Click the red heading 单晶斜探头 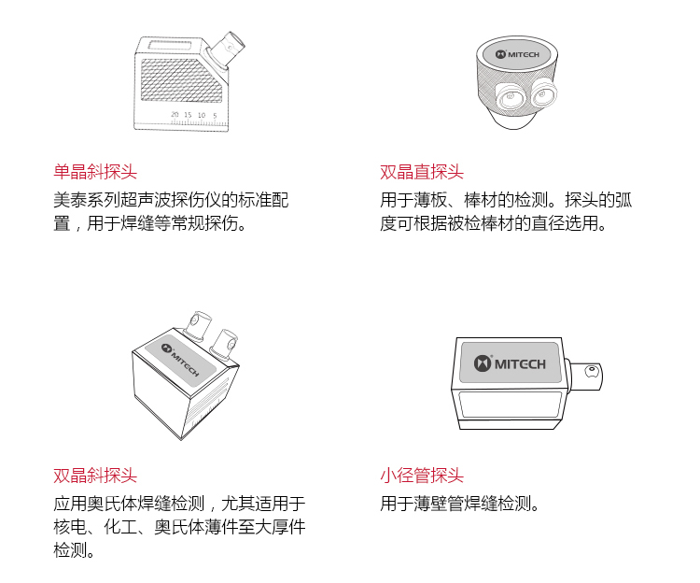click(x=95, y=172)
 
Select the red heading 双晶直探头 click(x=422, y=172)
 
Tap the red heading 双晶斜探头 click(x=95, y=476)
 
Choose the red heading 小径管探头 click(x=422, y=476)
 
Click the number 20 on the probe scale click(x=175, y=114)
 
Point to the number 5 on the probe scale click(x=215, y=115)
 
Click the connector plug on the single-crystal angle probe click(x=226, y=49)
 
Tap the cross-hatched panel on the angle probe click(x=181, y=80)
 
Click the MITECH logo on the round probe click(x=517, y=54)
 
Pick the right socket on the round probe click(x=543, y=93)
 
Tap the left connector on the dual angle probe click(x=196, y=325)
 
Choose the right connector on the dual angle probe click(x=225, y=344)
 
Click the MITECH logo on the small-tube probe click(x=510, y=363)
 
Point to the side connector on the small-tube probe click(x=584, y=375)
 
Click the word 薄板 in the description click(x=430, y=200)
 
